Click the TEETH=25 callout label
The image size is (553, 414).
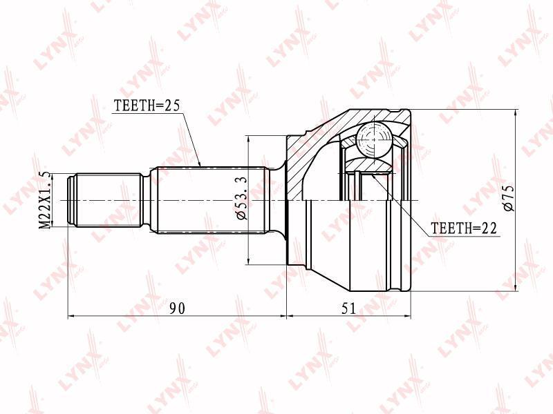tap(147, 106)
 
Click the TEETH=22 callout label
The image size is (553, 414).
tap(464, 228)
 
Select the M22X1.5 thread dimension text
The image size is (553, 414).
tap(45, 200)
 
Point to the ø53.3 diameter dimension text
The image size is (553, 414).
tap(242, 199)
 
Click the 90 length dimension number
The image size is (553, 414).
tap(177, 308)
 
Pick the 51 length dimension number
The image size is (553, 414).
tap(348, 308)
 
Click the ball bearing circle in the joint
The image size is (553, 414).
tap(374, 140)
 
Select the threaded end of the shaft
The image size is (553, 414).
tap(105, 200)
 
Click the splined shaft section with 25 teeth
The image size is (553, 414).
tap(210, 199)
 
